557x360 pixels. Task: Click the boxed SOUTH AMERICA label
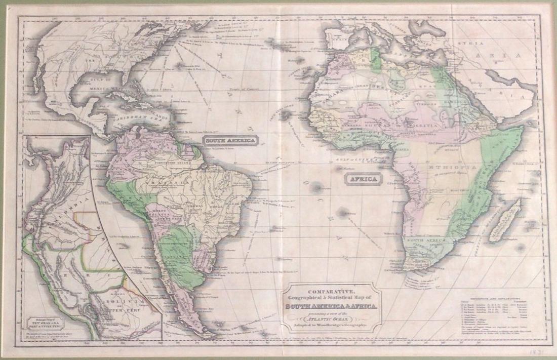click(x=230, y=140)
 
